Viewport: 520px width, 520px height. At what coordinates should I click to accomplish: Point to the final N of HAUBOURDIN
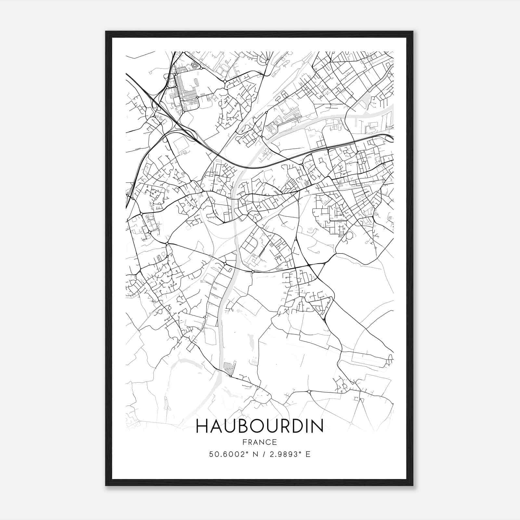(x=317, y=426)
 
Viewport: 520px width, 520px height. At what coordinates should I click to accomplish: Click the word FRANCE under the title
(x=259, y=442)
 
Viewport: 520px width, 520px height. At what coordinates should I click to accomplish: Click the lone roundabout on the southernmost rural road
(x=309, y=391)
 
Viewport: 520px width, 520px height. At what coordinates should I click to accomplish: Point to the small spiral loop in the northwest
(x=195, y=66)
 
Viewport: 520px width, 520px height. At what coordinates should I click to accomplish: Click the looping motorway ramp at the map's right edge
(x=389, y=139)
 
